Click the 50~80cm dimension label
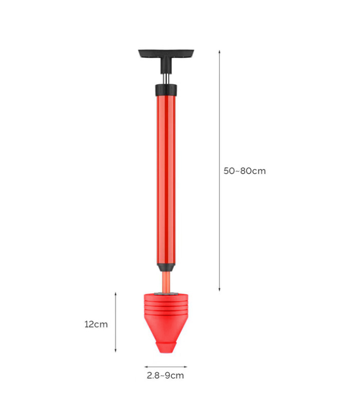pyautogui.click(x=245, y=171)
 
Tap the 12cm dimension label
pyautogui.click(x=96, y=324)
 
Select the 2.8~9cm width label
pyautogui.click(x=165, y=375)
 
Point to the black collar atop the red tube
pyautogui.click(x=166, y=90)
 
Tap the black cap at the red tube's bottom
pyautogui.click(x=166, y=268)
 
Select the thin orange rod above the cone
pyautogui.click(x=166, y=282)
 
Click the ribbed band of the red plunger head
pyautogui.click(x=166, y=307)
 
